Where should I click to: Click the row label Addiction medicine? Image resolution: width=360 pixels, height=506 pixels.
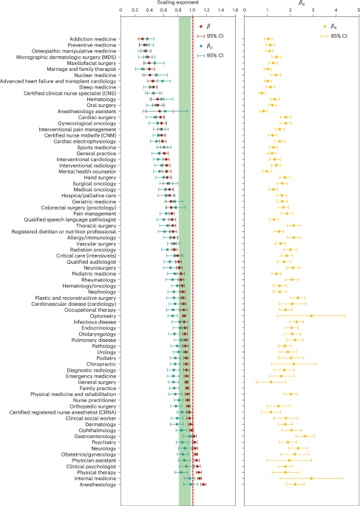click(91, 38)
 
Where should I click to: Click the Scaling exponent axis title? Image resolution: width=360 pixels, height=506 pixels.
click(156, 3)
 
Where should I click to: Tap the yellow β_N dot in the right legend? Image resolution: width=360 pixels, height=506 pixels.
click(324, 25)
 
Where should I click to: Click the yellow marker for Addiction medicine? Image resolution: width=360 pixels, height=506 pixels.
click(268, 38)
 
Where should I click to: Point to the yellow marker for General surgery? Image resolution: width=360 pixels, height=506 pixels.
click(271, 382)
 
